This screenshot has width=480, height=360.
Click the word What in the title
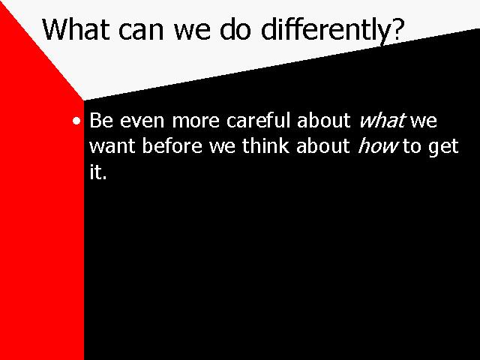pyautogui.click(x=76, y=29)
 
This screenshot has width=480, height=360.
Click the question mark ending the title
pyautogui.click(x=397, y=29)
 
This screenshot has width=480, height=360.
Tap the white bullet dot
pyautogui.click(x=76, y=121)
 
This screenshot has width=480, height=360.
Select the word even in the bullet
pyautogui.click(x=142, y=122)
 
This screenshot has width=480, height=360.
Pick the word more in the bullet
pyautogui.click(x=196, y=122)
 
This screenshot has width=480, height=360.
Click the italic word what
pyautogui.click(x=382, y=120)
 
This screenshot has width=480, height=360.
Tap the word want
pyautogui.click(x=112, y=146)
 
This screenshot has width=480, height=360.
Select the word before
pyautogui.click(x=172, y=145)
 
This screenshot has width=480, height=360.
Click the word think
pyautogui.click(x=265, y=145)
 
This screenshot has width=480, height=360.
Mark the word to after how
pyautogui.click(x=412, y=146)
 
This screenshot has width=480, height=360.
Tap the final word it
pyautogui.click(x=98, y=172)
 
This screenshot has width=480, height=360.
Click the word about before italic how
pyautogui.click(x=323, y=145)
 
